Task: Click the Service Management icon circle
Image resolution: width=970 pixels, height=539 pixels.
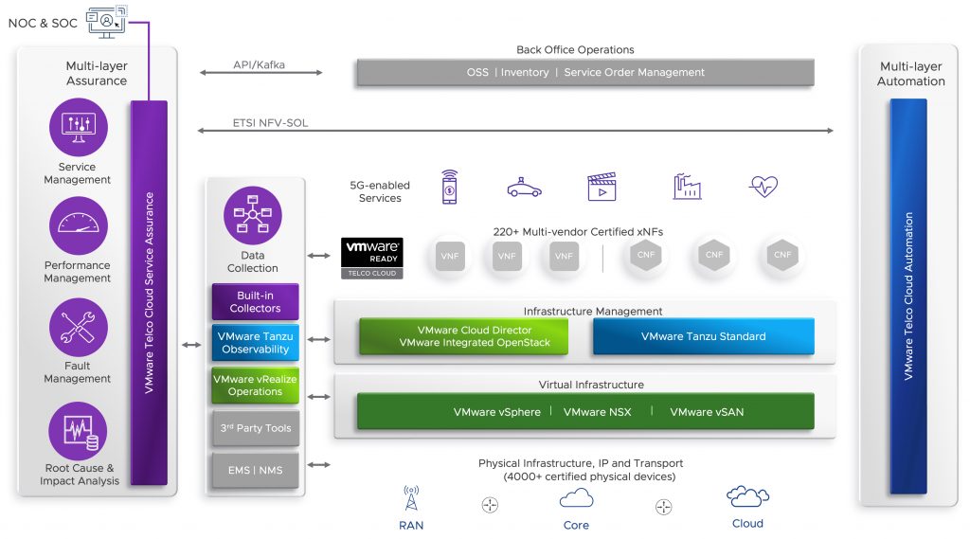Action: pos(78,127)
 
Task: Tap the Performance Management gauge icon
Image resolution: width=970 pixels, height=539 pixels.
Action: pos(78,225)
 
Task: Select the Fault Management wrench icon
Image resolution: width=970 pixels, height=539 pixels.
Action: pos(78,327)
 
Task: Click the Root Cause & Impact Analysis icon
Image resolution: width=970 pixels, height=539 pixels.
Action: pos(78,430)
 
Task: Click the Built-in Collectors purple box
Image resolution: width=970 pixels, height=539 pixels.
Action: pos(255,301)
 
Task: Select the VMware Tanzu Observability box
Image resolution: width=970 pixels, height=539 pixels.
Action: pos(255,342)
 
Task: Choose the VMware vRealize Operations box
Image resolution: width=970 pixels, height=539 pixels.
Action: pos(255,386)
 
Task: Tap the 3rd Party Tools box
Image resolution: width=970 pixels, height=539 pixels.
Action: pos(255,428)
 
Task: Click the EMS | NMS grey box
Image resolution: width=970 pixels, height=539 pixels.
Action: pos(255,470)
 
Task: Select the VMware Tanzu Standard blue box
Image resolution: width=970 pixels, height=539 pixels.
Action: pos(703,336)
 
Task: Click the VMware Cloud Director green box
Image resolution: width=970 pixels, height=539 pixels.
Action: pos(463,336)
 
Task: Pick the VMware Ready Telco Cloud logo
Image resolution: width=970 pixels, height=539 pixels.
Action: pos(372,258)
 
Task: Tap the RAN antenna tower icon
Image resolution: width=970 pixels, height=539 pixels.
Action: pos(411,498)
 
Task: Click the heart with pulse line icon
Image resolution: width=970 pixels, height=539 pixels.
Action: pos(763,186)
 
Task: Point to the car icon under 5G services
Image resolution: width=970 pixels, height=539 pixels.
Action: pos(524,188)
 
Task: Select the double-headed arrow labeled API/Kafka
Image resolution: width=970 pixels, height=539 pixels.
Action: pos(260,73)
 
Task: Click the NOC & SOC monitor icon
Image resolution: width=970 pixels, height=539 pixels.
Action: pos(106,20)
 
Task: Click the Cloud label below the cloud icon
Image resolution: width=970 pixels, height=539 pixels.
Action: pos(747,523)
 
